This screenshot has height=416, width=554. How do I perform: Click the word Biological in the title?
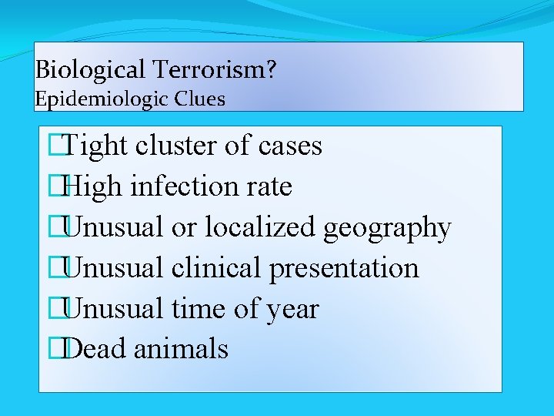coord(89,71)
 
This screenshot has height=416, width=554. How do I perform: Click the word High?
coord(95,186)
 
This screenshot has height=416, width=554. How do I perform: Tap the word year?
coord(292,309)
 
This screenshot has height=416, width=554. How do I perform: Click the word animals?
coord(181,349)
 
